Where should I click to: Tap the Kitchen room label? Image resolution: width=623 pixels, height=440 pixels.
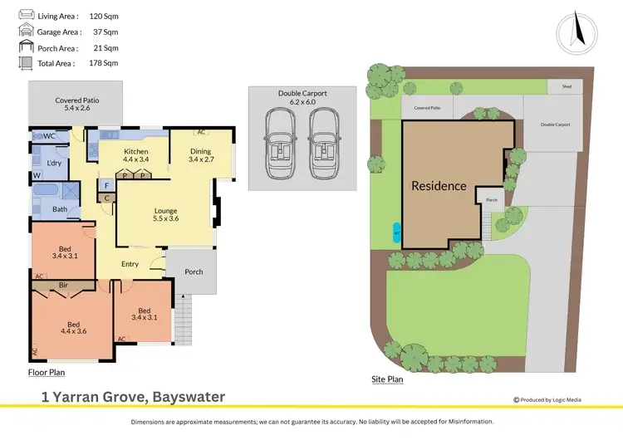[135, 152]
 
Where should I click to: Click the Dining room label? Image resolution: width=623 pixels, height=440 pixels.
[200, 151]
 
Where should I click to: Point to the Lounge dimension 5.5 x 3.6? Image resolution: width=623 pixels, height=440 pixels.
[166, 219]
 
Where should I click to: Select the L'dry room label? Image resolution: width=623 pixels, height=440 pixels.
[55, 163]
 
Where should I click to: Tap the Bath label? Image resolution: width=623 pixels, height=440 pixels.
[60, 209]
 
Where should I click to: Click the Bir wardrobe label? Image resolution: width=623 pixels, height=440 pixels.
[64, 285]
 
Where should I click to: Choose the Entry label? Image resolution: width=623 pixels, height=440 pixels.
[130, 264]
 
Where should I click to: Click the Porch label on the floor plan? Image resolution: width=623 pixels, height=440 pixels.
[194, 271]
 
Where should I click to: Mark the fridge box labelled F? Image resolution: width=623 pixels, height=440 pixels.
[106, 185]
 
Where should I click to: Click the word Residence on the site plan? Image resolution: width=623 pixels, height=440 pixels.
[439, 186]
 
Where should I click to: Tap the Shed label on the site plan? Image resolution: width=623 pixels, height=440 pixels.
[567, 86]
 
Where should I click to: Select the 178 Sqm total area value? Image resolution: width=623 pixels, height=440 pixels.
[105, 62]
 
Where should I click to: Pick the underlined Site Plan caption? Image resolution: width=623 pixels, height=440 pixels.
[387, 379]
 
